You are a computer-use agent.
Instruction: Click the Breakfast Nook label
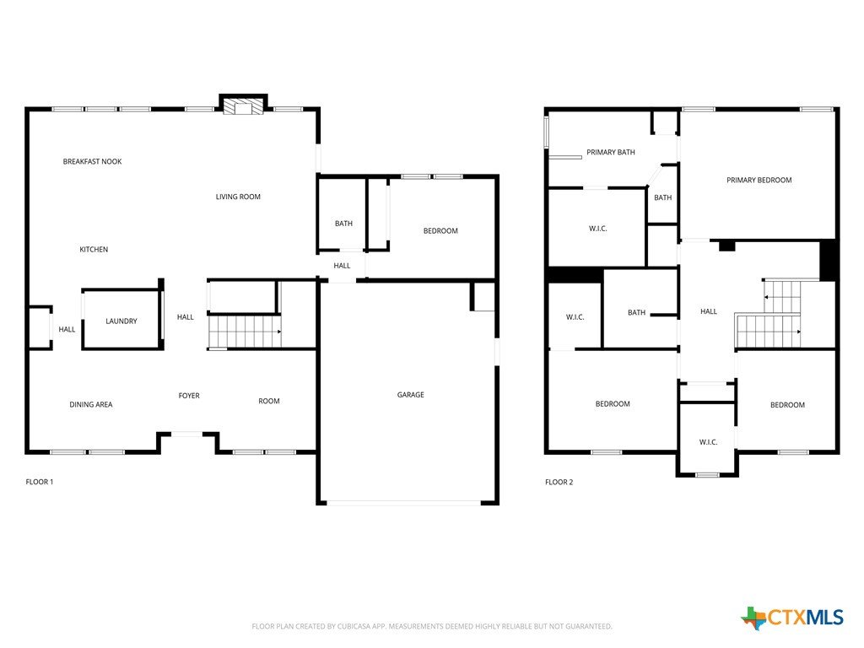[92, 161]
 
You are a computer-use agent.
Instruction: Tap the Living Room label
[238, 197]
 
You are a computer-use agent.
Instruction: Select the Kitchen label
[94, 250]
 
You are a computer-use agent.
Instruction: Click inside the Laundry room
[121, 320]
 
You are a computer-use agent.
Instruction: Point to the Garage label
[411, 395]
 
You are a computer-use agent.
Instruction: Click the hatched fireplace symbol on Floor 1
[243, 106]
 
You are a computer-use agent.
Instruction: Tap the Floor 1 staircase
[245, 332]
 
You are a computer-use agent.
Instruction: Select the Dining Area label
[91, 404]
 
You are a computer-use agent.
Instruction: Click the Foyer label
[189, 396]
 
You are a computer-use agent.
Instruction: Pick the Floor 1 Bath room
[343, 214]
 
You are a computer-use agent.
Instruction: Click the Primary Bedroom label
[759, 181]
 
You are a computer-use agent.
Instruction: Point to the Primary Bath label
[611, 152]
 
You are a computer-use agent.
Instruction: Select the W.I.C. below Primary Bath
[598, 229]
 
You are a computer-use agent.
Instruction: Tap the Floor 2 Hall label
[709, 311]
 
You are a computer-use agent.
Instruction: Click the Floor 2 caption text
[559, 482]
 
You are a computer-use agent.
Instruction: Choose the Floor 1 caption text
[39, 482]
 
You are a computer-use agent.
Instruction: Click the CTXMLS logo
[792, 618]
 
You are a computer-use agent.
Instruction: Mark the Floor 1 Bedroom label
[440, 231]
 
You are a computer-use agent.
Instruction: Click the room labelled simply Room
[269, 401]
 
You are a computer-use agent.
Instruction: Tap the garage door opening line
[404, 503]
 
